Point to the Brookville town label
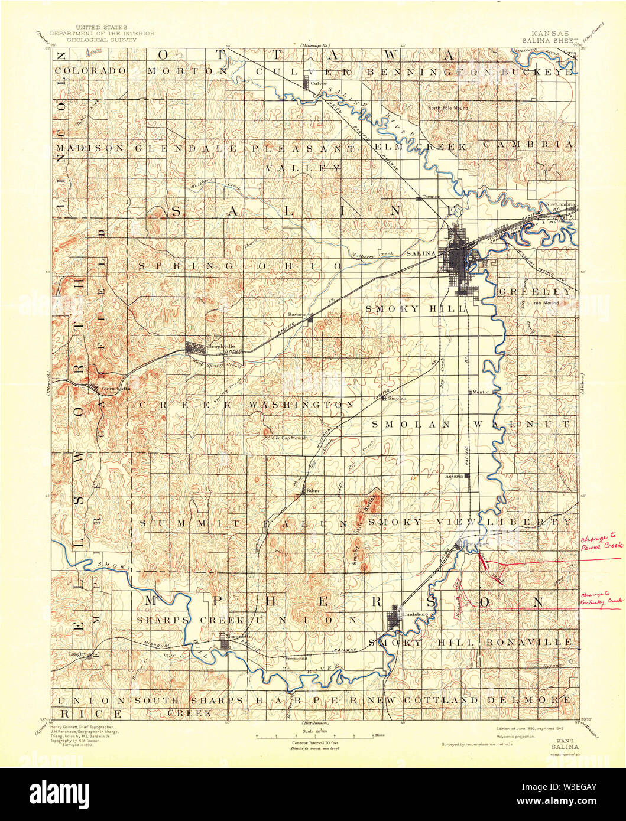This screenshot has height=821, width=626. (x=217, y=347)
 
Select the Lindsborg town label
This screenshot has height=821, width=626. (x=414, y=614)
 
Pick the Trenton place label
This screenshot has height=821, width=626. (x=431, y=197)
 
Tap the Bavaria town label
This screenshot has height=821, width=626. (x=298, y=315)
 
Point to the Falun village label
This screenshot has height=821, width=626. (x=313, y=490)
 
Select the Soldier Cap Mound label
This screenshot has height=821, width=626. (x=284, y=438)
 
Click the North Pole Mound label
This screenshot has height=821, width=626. (x=447, y=108)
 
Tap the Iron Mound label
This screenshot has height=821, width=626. (x=546, y=304)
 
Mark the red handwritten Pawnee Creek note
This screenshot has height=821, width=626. (x=602, y=543)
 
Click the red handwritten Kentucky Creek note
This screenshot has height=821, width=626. (x=602, y=597)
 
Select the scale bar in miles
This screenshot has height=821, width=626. (x=313, y=735)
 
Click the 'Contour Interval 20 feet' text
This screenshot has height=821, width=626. (x=313, y=742)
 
